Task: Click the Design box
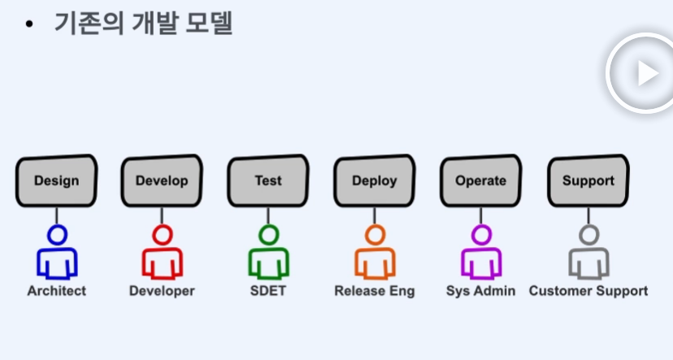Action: (56, 180)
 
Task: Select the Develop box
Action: (162, 180)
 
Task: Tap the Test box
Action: (268, 180)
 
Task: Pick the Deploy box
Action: (374, 180)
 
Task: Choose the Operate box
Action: (480, 180)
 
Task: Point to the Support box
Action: (588, 180)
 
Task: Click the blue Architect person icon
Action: (56, 254)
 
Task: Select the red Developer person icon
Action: (162, 254)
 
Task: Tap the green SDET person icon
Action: (268, 254)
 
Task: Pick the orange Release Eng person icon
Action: (374, 254)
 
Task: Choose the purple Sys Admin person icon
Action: (481, 254)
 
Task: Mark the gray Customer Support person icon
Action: (588, 254)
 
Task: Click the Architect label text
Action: (56, 291)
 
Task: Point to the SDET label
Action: (268, 291)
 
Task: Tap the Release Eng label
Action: (374, 291)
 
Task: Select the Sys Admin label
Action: (481, 291)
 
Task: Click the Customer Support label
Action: (588, 291)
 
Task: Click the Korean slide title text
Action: (143, 23)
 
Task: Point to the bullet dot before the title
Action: (30, 24)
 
